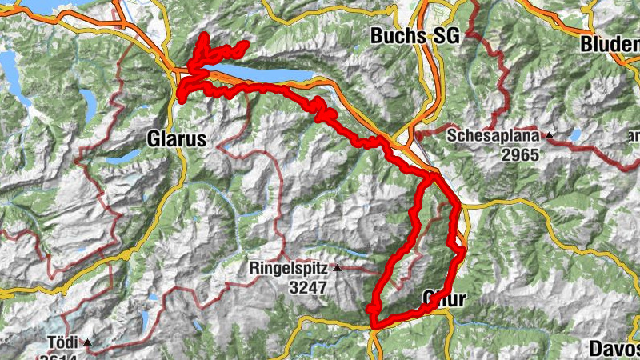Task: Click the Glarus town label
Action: click(x=177, y=138)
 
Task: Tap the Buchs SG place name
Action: click(x=411, y=36)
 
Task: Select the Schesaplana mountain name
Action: click(x=499, y=135)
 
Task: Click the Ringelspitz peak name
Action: click(x=290, y=268)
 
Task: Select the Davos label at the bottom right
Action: click(x=614, y=348)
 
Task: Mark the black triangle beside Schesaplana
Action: click(x=550, y=135)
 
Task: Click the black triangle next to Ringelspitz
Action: click(x=338, y=268)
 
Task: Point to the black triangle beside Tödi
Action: click(x=88, y=343)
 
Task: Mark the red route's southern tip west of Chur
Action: click(x=373, y=323)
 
